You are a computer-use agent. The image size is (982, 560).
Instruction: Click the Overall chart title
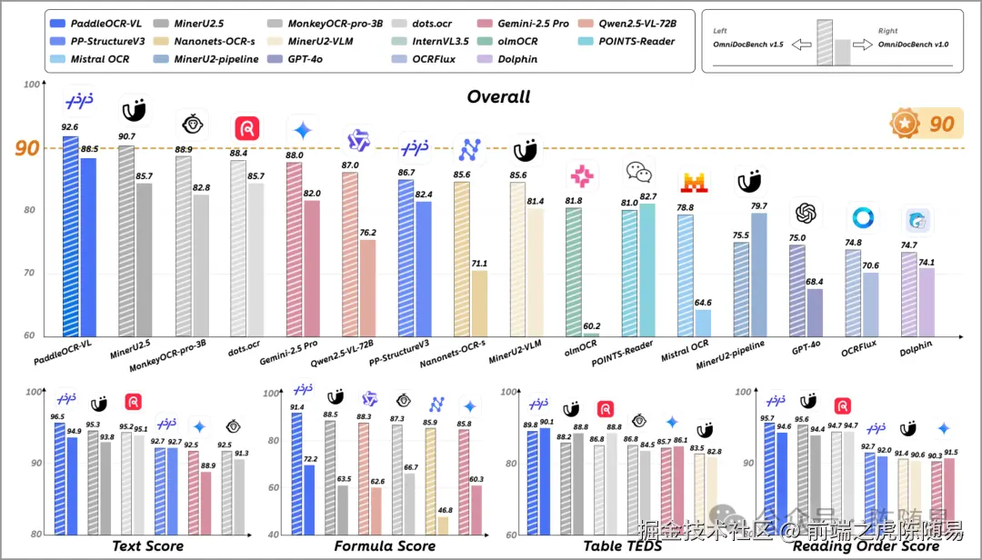(x=498, y=97)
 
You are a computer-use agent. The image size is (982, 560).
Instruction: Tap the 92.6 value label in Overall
(x=70, y=128)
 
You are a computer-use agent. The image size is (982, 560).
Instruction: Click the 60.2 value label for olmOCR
(x=593, y=325)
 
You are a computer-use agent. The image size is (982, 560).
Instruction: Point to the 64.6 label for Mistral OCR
(x=702, y=302)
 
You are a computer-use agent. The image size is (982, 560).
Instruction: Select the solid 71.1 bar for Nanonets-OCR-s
(x=479, y=304)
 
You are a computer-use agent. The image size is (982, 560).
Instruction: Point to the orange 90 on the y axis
(x=27, y=148)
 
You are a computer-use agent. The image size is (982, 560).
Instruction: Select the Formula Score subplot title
(x=385, y=546)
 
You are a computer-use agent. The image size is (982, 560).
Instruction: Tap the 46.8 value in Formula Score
(x=445, y=511)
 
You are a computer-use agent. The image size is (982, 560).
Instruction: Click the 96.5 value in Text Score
(x=57, y=417)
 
